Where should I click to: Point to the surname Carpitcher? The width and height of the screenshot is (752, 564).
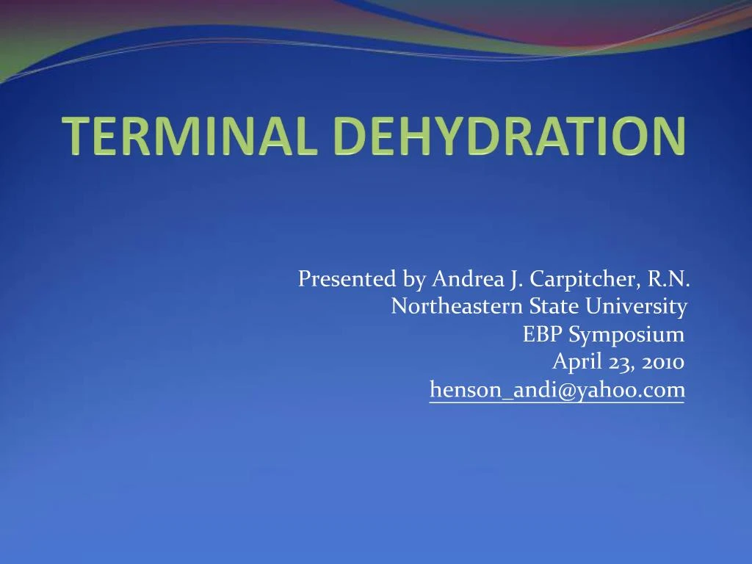point(585,280)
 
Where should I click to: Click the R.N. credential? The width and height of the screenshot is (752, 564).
point(669,280)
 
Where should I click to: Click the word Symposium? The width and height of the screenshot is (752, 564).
point(626,335)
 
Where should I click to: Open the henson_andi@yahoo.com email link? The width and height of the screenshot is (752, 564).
point(557,390)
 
